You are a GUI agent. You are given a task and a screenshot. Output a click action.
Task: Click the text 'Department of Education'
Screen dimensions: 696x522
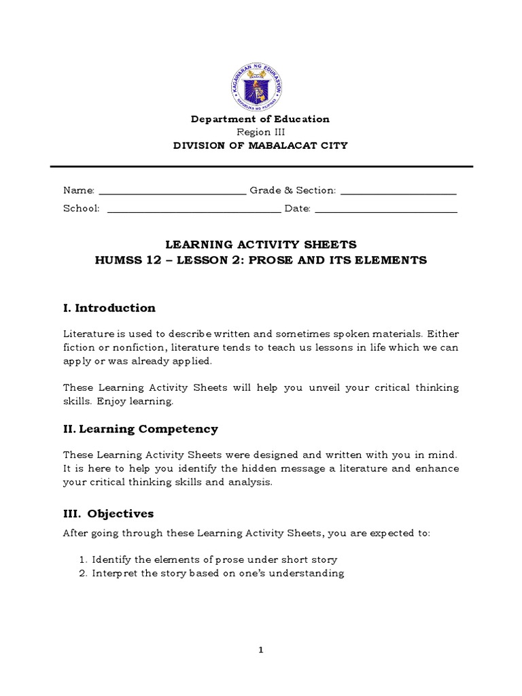(x=260, y=120)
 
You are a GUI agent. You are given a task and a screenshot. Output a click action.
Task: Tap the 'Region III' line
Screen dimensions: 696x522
(x=260, y=133)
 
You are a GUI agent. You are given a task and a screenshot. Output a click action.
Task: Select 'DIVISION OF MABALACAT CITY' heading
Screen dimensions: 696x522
(x=260, y=145)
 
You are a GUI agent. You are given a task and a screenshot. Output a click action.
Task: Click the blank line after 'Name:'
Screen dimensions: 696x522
(x=172, y=193)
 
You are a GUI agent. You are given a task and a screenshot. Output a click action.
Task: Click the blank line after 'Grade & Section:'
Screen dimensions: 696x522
(x=398, y=193)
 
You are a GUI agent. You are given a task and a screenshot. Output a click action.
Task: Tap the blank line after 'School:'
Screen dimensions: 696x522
(x=194, y=211)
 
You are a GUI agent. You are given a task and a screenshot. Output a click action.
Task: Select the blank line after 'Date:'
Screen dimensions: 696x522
(x=386, y=211)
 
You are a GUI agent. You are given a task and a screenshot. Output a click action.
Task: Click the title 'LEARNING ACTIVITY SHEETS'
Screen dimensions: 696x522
(x=261, y=245)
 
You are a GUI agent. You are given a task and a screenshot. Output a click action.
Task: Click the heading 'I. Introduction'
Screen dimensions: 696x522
(x=109, y=308)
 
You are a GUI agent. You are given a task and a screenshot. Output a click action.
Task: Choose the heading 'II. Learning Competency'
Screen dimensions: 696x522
(x=141, y=429)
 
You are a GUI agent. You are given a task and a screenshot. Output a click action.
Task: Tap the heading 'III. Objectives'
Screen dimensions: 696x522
(x=109, y=514)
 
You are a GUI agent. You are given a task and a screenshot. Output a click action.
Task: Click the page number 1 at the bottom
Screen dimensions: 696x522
(x=260, y=650)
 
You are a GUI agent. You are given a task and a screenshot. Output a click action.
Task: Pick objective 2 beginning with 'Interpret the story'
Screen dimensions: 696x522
(x=217, y=573)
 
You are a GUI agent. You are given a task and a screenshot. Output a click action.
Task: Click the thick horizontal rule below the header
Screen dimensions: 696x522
(x=261, y=167)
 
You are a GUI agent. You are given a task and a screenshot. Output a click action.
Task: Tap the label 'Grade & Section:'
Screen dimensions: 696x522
(x=292, y=191)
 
